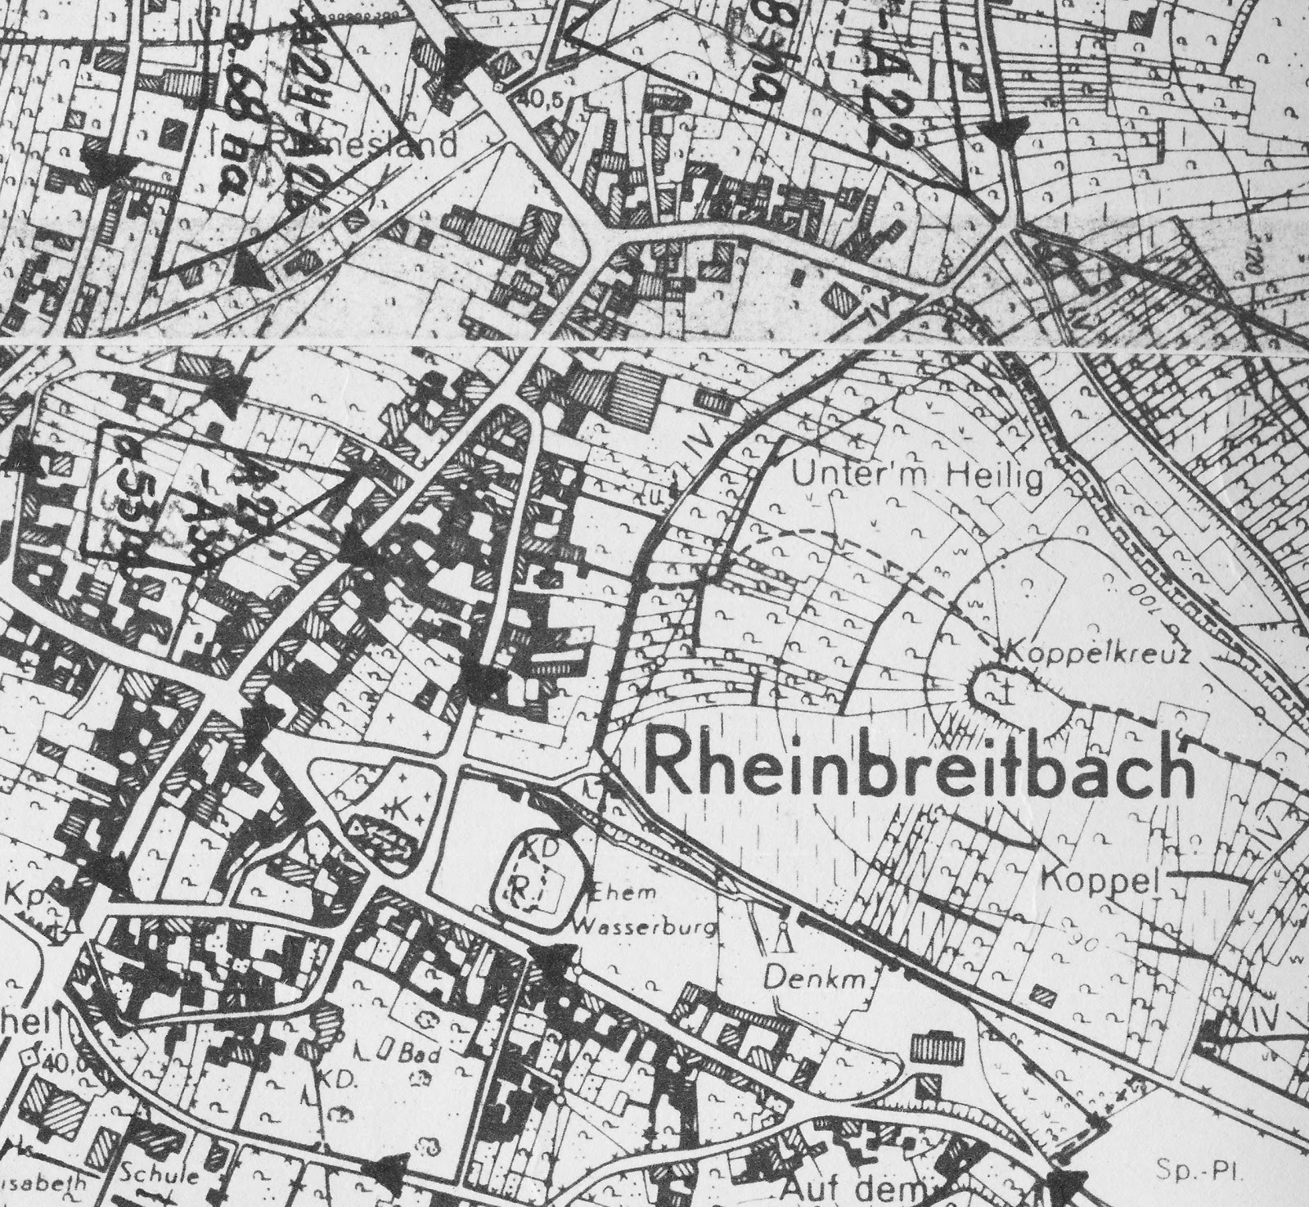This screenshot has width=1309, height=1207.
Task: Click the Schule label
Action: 160,1177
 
